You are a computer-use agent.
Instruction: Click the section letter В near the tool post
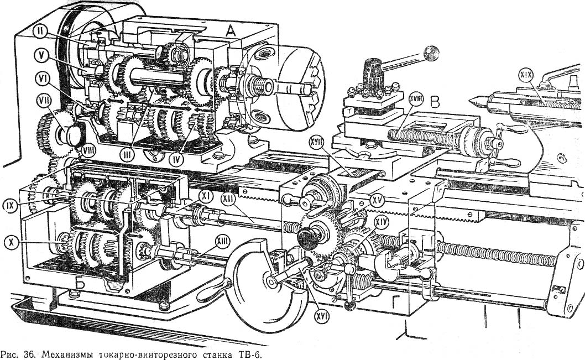(x=435, y=102)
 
